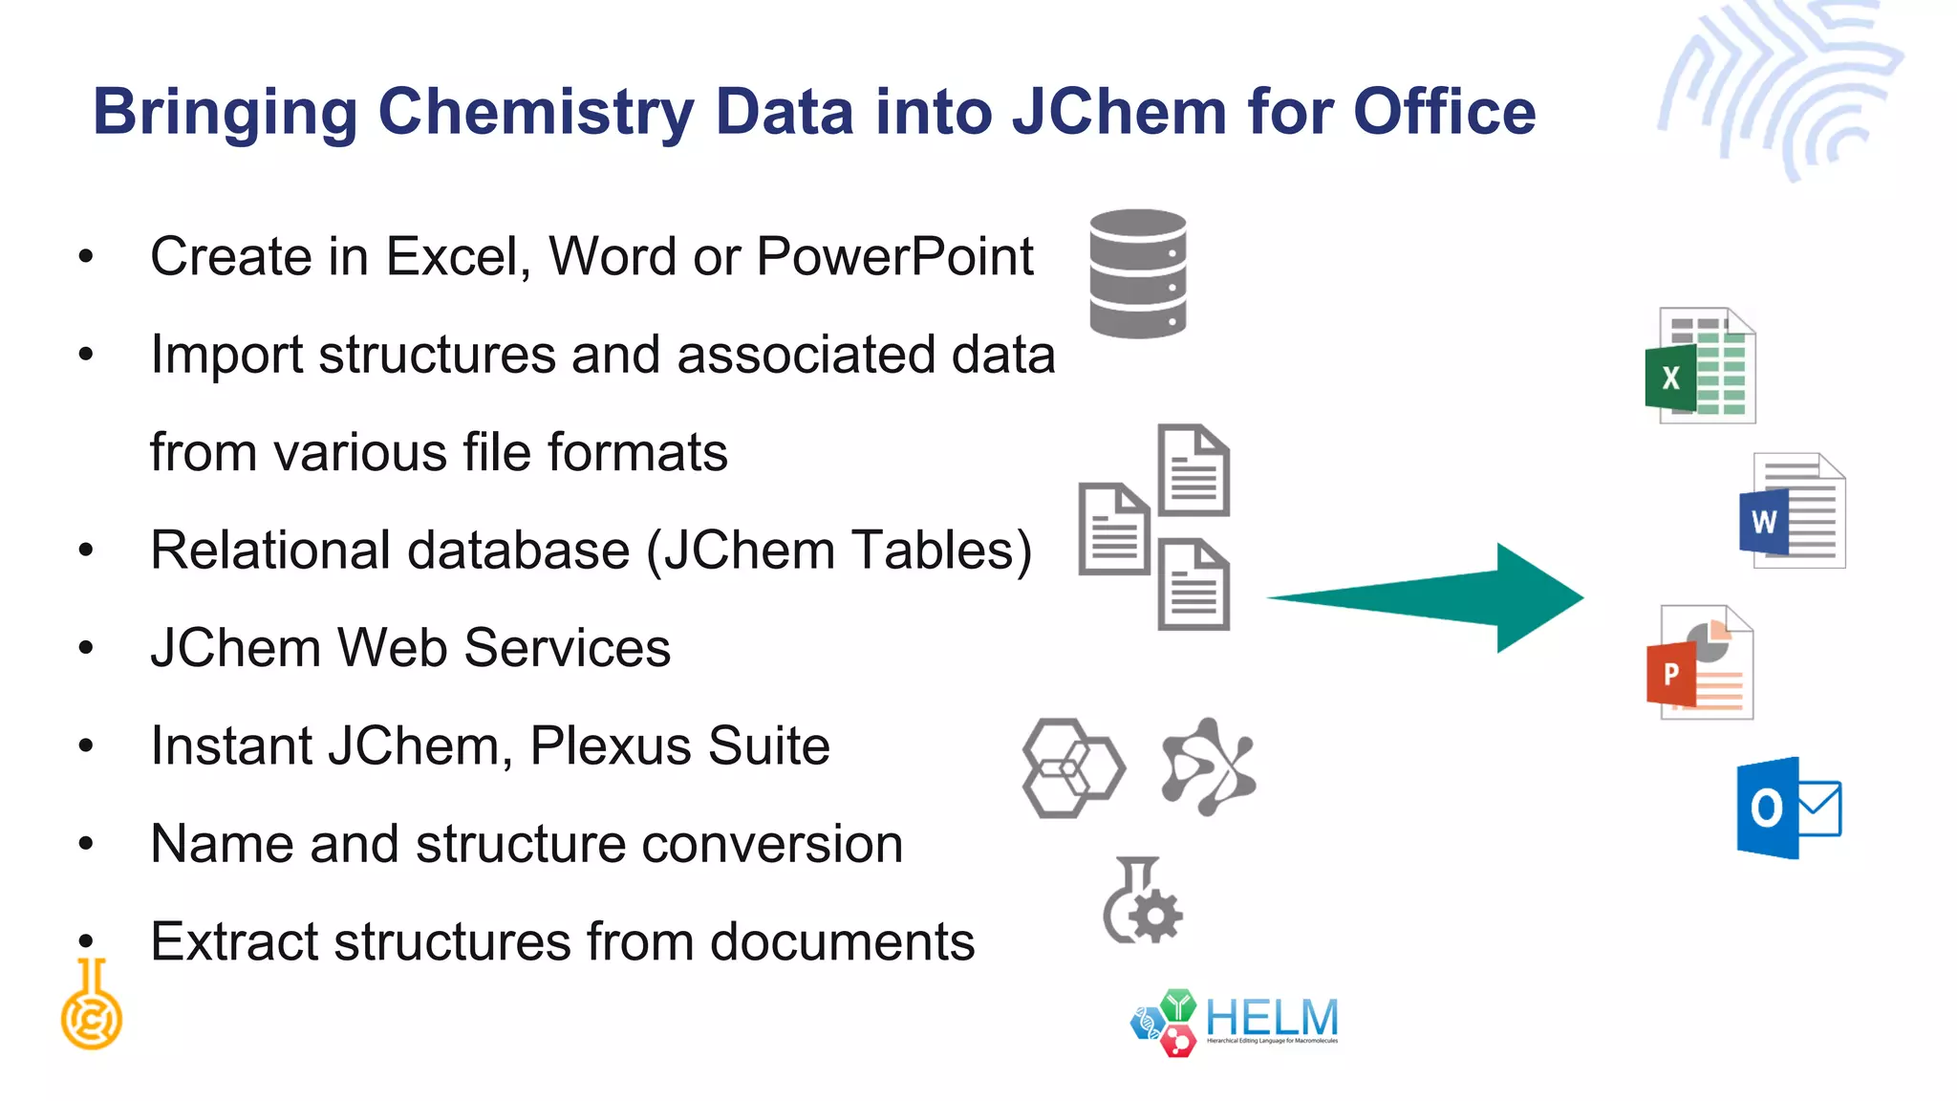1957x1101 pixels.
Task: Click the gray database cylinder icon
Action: tap(1137, 273)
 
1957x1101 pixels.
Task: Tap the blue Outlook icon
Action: tap(1788, 808)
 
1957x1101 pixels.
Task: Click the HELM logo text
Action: tap(1271, 1019)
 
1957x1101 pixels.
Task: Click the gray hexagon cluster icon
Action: tap(1072, 767)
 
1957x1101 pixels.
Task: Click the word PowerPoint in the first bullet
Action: tap(894, 257)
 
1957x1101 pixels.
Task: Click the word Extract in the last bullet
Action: tap(234, 942)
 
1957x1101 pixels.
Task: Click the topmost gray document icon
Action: tap(1194, 470)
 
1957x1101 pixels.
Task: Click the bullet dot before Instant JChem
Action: tap(86, 745)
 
